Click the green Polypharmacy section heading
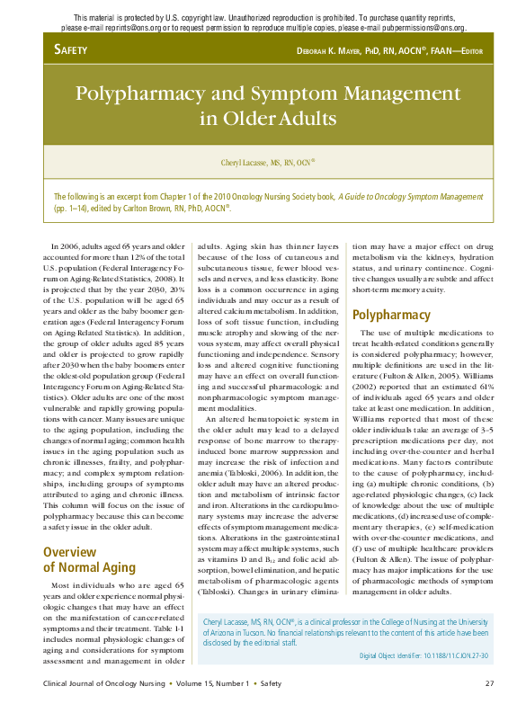[391, 315]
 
